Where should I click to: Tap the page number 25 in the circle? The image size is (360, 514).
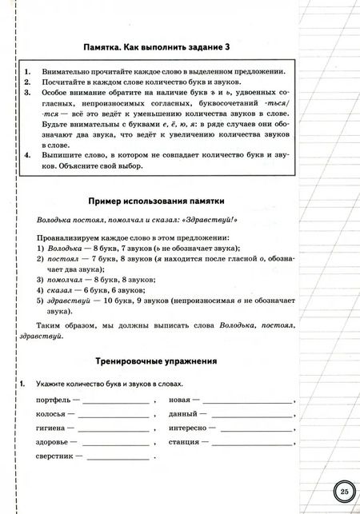[342, 491]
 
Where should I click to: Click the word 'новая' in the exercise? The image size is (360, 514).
[179, 399]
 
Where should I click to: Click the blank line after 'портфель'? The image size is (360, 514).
[114, 401]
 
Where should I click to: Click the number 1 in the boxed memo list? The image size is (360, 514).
[27, 71]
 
